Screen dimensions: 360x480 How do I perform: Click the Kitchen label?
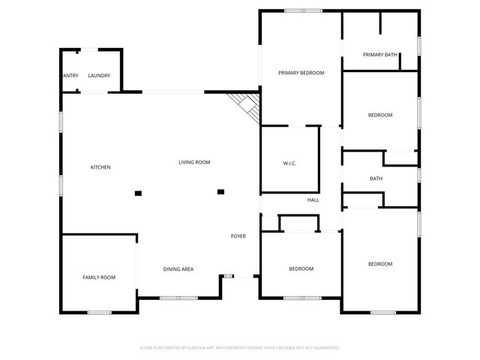pyautogui.click(x=100, y=167)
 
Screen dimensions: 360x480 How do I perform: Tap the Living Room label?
pyautogui.click(x=194, y=163)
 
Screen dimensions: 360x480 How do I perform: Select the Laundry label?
pyautogui.click(x=99, y=76)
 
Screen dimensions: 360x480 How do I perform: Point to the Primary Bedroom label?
pyautogui.click(x=301, y=73)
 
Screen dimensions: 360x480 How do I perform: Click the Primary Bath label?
pyautogui.click(x=380, y=55)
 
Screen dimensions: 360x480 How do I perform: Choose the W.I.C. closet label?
pyautogui.click(x=290, y=163)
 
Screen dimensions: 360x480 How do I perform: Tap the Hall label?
pyautogui.click(x=313, y=200)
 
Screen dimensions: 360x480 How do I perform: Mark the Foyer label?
pyautogui.click(x=238, y=236)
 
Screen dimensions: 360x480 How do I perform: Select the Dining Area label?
pyautogui.click(x=178, y=268)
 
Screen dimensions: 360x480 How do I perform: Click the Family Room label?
pyautogui.click(x=99, y=277)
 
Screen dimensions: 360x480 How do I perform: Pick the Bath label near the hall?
pyautogui.click(x=376, y=178)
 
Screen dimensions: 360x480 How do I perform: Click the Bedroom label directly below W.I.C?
pyautogui.click(x=301, y=268)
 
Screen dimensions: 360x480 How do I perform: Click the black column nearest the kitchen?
pyautogui.click(x=138, y=193)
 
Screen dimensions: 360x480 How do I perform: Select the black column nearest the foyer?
pyautogui.click(x=220, y=192)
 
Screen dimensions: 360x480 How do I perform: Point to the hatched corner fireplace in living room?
pyautogui.click(x=247, y=105)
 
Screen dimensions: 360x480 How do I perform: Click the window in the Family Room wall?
pyautogui.click(x=99, y=312)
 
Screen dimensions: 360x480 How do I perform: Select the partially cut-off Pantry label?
pyautogui.click(x=70, y=76)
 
